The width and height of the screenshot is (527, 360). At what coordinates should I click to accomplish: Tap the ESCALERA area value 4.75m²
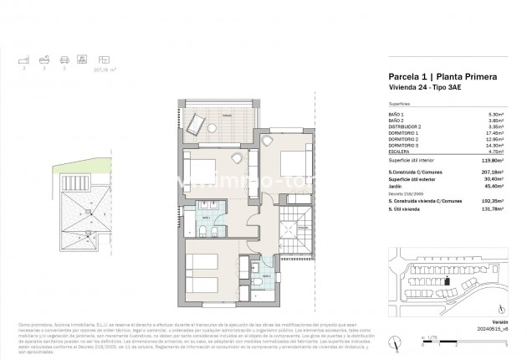click(x=494, y=151)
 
